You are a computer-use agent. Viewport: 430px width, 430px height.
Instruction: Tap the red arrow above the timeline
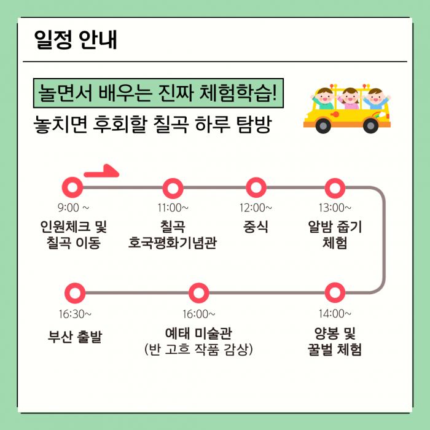pos(100,172)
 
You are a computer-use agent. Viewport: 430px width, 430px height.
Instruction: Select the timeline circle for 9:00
pos(73,187)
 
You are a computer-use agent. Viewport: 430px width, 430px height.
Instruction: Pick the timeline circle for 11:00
pos(173,187)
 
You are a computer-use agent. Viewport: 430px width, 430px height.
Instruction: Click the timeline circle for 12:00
pos(256,187)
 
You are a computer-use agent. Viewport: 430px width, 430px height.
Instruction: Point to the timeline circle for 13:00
pos(335,187)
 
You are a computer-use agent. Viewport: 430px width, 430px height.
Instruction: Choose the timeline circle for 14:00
pos(335,293)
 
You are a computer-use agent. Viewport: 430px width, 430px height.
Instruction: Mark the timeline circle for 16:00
pos(199,293)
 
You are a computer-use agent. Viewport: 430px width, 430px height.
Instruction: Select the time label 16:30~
pos(75,314)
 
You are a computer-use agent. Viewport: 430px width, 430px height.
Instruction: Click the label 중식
pos(256,227)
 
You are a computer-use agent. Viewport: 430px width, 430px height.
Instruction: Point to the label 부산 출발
pos(75,337)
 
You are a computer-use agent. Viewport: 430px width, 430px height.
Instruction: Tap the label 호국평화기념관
pos(173,243)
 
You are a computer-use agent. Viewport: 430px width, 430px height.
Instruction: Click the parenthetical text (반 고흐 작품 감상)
pos(199,350)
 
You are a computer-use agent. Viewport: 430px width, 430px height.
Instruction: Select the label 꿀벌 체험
pos(335,350)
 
